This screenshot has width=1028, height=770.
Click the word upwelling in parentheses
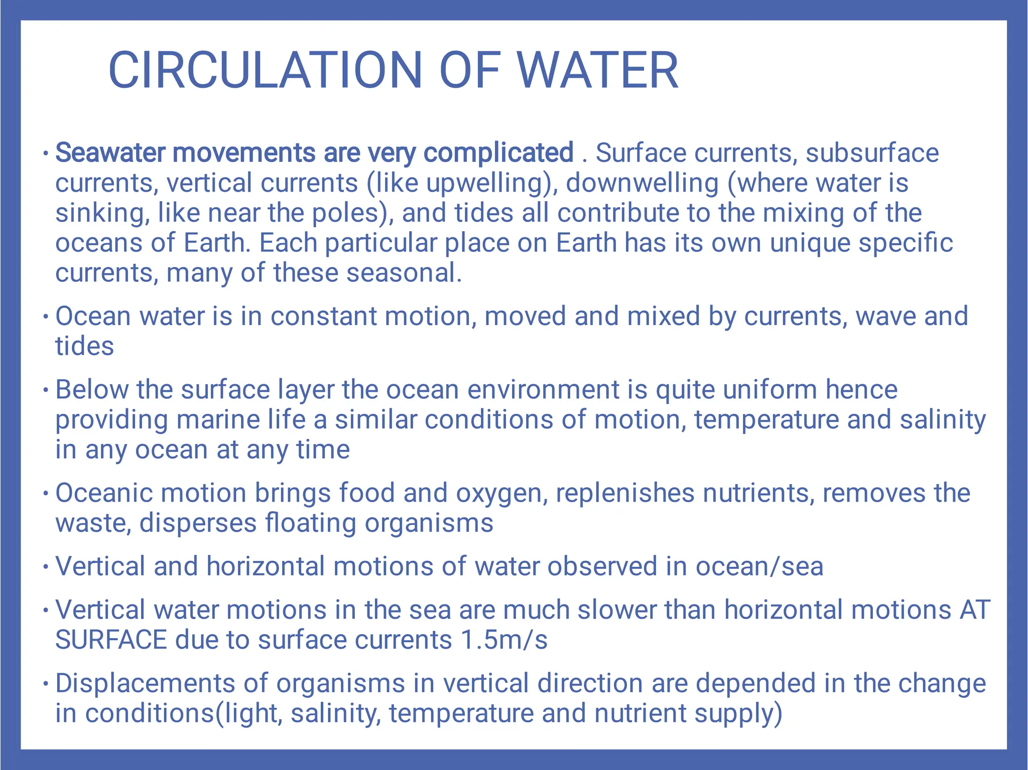point(485,183)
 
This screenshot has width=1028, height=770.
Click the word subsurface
point(872,152)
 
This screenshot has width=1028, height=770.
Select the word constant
point(323,317)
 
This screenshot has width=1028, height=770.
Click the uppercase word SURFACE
point(111,640)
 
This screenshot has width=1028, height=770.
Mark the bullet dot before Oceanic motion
point(46,493)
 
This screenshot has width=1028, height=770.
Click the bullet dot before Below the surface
point(46,390)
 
